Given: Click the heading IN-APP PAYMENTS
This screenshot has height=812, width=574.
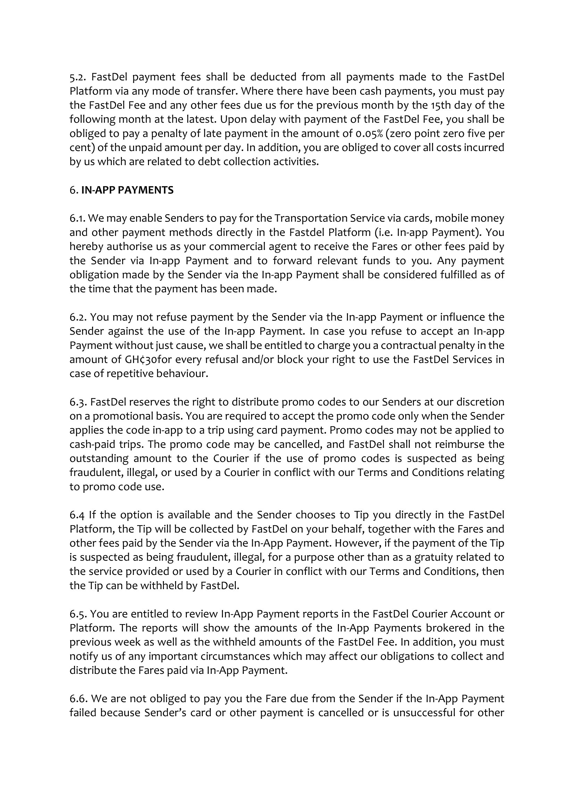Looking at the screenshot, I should point(127,190).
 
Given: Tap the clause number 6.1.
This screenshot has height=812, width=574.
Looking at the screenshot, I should point(76,218).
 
